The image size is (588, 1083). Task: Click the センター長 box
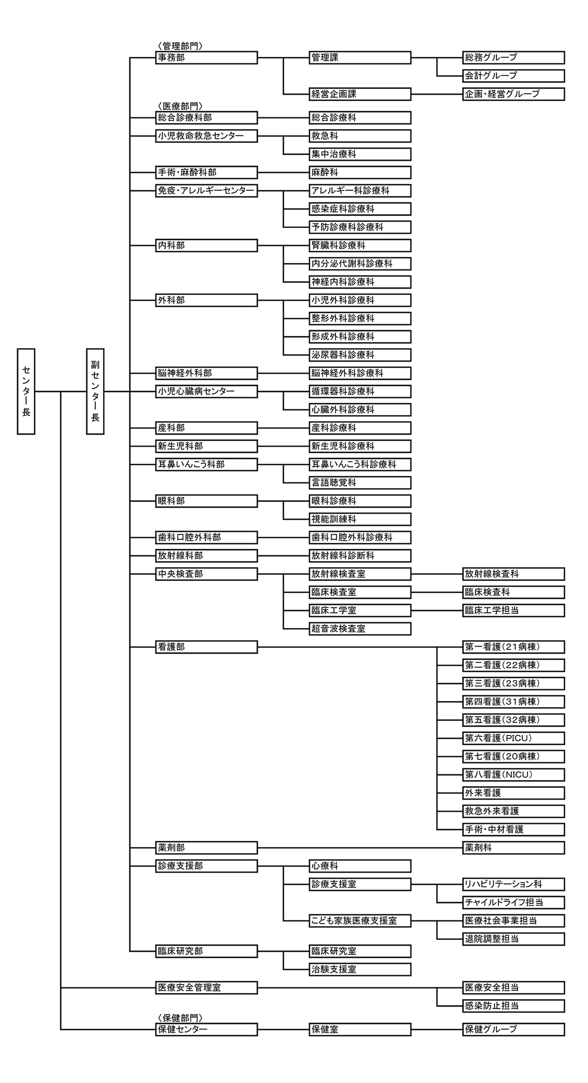(26, 391)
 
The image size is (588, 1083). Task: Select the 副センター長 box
(95, 391)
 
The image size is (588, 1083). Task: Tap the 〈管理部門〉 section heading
(180, 46)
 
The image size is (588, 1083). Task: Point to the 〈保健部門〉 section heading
(180, 1018)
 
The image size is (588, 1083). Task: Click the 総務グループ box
(513, 58)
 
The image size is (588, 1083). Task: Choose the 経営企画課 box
(360, 94)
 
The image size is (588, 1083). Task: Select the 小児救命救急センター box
(207, 136)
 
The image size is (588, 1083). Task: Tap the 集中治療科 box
(360, 154)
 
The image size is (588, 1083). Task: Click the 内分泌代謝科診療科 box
(360, 264)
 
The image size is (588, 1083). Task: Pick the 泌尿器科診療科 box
(360, 355)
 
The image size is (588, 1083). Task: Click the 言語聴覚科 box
(360, 483)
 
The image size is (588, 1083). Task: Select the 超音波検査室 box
(360, 629)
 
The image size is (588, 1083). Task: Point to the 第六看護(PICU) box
(513, 739)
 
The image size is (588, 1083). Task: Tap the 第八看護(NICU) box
(513, 775)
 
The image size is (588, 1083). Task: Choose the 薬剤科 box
(513, 848)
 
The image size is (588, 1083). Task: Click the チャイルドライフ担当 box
(513, 903)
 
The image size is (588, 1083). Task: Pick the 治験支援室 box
(360, 970)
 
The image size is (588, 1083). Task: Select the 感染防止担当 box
(513, 1007)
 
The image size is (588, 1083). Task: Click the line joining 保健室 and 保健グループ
(437, 1030)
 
